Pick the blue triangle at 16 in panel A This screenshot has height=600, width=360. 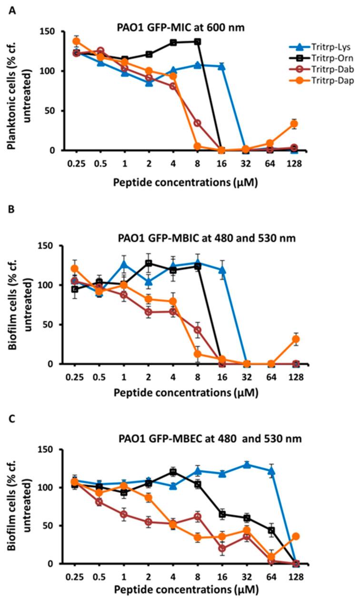click(x=221, y=66)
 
